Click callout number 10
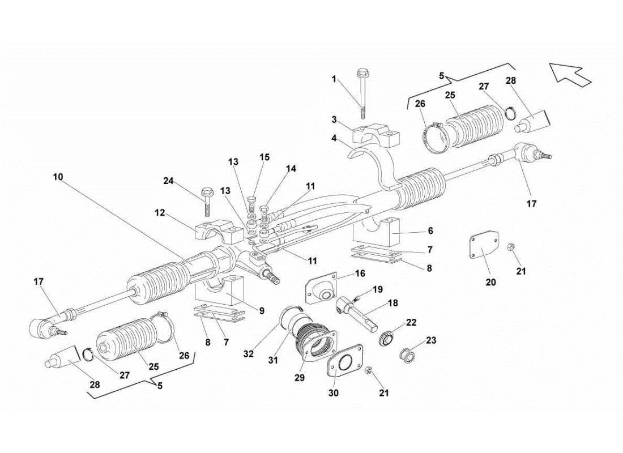(58, 177)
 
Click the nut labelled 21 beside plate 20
(511, 247)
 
